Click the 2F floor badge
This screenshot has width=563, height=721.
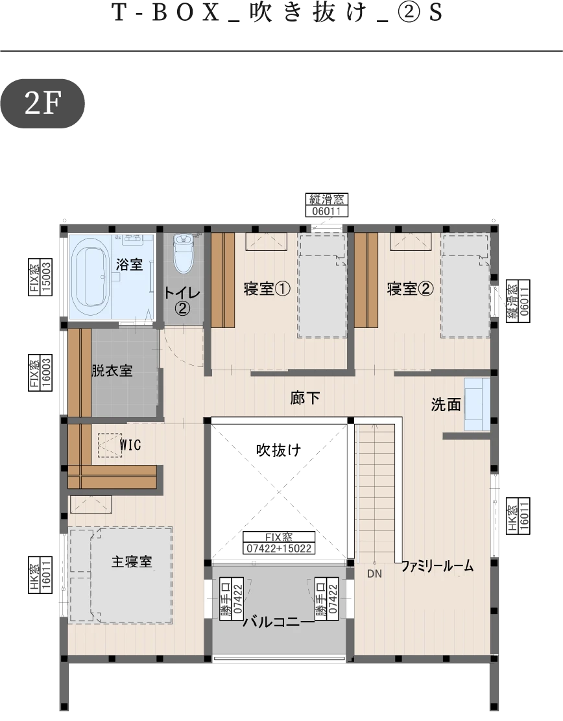pos(43,104)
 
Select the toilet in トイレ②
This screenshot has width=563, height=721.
pos(184,253)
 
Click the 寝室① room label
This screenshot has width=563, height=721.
pos(267,289)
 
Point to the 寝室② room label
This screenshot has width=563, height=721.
pos(410,289)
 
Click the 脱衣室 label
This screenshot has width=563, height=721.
pos(112,371)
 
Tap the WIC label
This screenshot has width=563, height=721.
pos(130,445)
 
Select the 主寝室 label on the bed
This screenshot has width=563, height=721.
pos(132,561)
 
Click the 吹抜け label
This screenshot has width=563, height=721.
pos(279,449)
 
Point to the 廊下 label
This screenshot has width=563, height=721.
pos(304,397)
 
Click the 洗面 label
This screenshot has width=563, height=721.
pos(446,404)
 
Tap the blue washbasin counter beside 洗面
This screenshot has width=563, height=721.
pos(477,404)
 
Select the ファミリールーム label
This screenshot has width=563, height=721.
pos(437,565)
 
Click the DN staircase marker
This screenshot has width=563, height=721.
pos(374,573)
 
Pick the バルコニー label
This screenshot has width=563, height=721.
pos(278,622)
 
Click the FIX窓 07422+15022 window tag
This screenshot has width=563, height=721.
pos(279,543)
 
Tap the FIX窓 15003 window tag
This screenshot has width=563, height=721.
pos(40,277)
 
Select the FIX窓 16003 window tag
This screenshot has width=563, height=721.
pos(40,372)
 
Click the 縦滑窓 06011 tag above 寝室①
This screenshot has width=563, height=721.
pos(326,205)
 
